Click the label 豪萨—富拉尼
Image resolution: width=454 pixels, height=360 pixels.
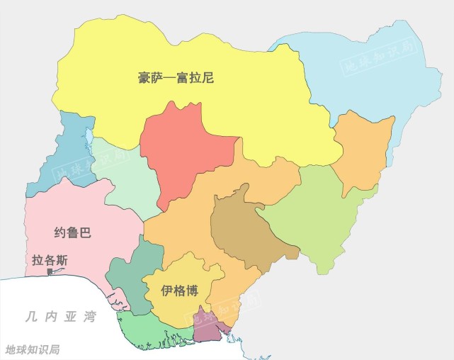tap(176, 78)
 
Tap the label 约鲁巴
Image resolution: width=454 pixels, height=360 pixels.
tap(73, 232)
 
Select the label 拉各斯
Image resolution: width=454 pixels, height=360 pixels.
tap(50, 260)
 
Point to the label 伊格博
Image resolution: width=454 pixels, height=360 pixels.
tap(179, 291)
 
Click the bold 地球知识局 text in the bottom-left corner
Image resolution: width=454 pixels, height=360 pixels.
tap(33, 349)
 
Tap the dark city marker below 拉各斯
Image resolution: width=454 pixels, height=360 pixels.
tap(50, 271)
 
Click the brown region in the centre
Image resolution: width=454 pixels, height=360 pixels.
tap(244, 227)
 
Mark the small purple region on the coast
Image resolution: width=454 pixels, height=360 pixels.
tap(210, 325)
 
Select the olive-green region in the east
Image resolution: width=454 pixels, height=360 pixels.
tap(319, 213)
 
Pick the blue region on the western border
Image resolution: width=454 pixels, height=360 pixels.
tap(67, 159)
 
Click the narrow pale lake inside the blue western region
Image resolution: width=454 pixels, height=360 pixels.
tap(89, 133)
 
